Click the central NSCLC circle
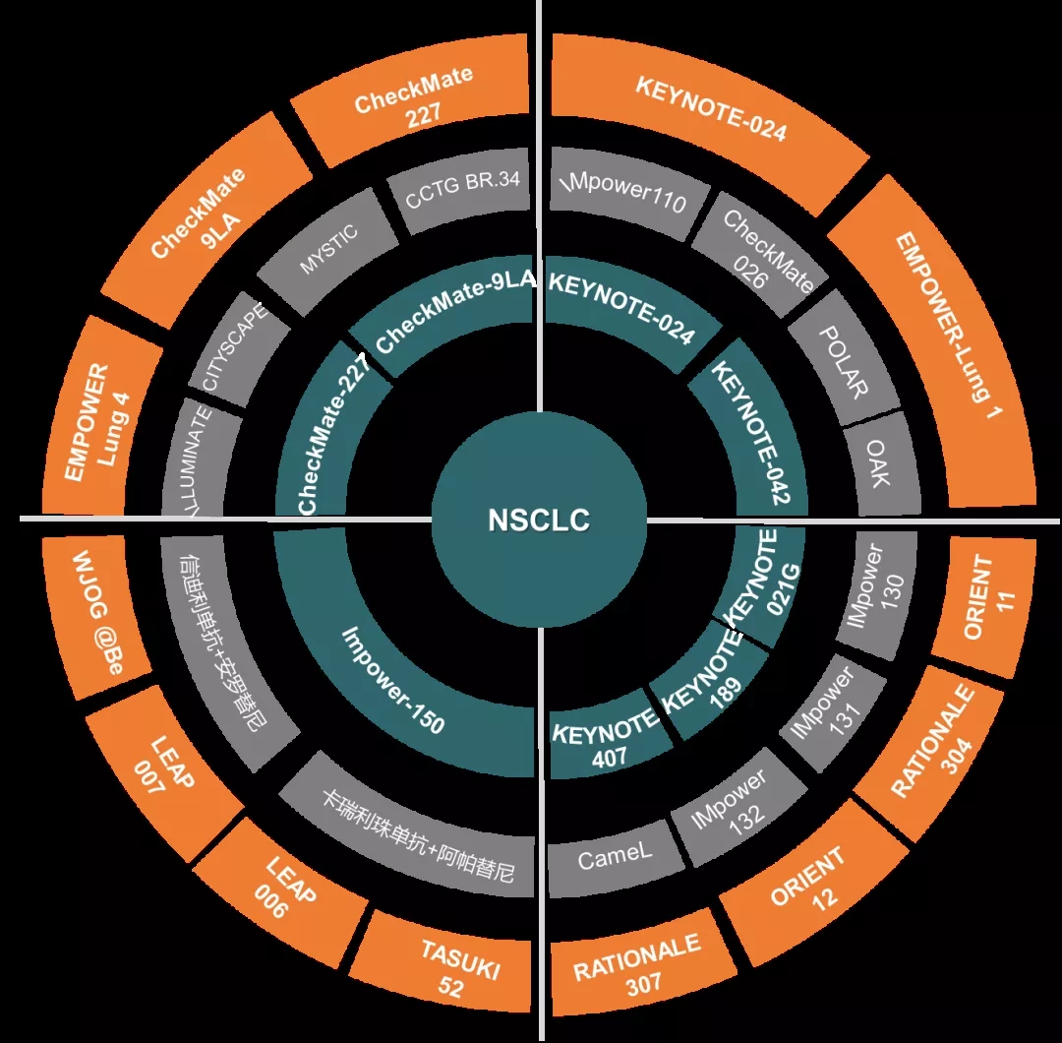539,520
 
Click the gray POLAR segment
845,362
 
